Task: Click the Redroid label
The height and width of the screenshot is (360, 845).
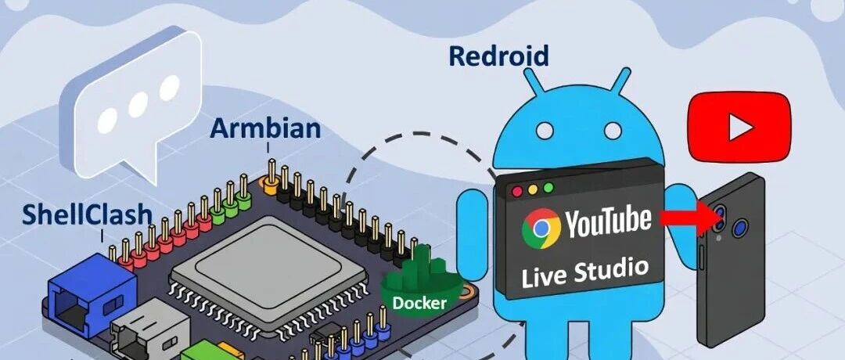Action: pos(498,56)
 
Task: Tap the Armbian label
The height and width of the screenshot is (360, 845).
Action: pos(265,128)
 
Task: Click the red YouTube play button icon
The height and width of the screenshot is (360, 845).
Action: pos(738,125)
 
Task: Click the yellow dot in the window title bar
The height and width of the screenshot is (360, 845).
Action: pos(533,189)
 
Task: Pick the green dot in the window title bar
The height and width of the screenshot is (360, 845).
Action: pos(548,188)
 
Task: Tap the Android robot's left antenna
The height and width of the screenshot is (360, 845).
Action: pos(534,83)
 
